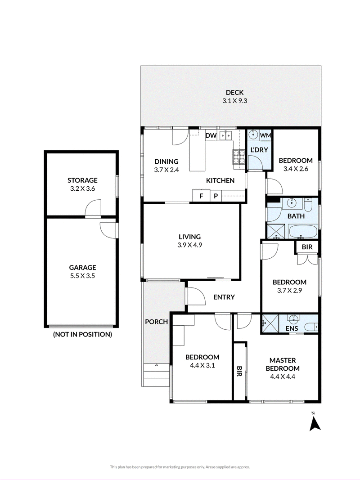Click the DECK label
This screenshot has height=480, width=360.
235,92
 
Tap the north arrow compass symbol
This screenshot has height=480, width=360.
315,422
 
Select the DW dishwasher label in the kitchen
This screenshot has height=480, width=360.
211,135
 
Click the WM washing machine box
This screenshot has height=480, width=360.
265,135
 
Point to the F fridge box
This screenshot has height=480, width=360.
201,196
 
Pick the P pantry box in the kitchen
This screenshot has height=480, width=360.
216,196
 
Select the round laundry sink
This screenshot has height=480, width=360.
253,135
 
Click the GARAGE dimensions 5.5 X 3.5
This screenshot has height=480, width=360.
83,276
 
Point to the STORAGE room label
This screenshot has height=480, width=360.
82,180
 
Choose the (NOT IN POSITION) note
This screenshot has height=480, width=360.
82,334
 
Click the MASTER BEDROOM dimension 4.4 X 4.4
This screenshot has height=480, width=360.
283,377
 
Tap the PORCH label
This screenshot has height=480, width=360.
157,322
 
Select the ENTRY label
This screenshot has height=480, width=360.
224,297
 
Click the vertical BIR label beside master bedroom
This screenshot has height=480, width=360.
239,371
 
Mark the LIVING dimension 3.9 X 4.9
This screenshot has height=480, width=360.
190,245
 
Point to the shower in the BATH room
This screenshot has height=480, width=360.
276,231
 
